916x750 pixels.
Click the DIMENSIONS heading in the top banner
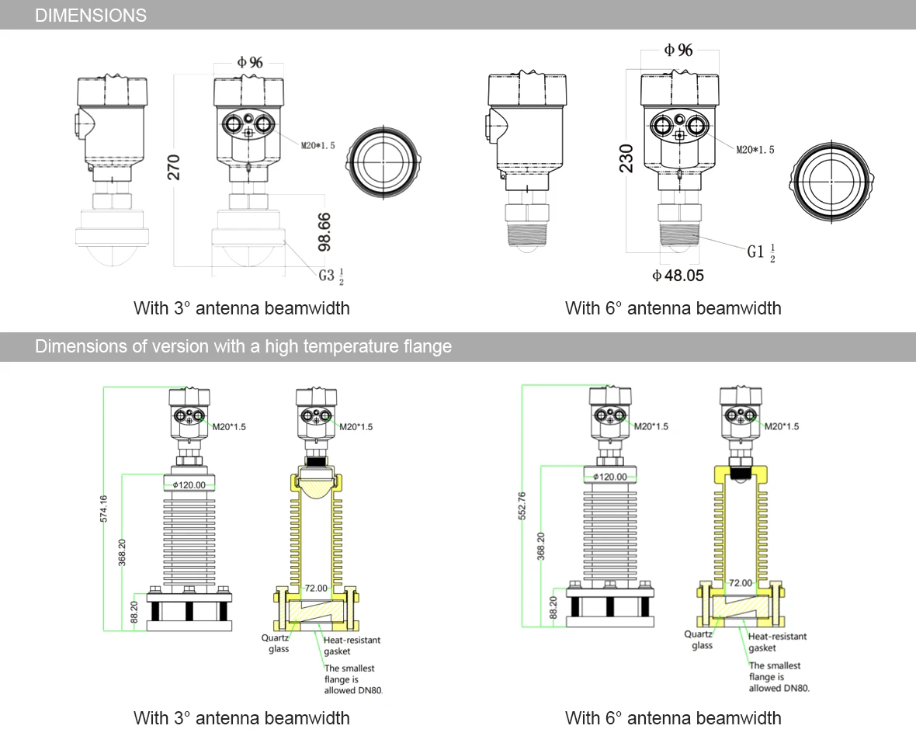[91, 16]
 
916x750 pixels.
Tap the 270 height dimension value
[174, 168]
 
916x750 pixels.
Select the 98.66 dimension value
[324, 232]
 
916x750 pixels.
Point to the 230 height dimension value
[626, 158]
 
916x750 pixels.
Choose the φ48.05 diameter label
[678, 275]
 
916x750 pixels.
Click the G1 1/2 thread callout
[762, 252]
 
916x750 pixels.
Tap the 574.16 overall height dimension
[103, 509]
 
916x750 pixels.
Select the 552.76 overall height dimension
[522, 506]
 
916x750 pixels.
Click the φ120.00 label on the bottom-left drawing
[189, 484]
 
